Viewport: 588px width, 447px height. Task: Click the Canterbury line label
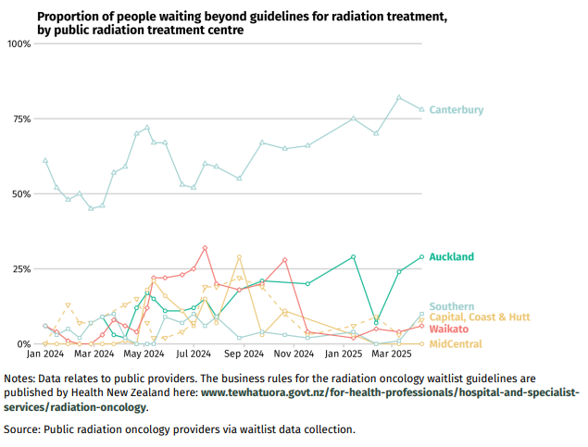click(x=457, y=110)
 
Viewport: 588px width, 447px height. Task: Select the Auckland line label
click(x=452, y=256)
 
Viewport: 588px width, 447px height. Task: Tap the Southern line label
click(x=452, y=306)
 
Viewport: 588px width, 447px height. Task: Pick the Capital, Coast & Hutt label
click(x=479, y=317)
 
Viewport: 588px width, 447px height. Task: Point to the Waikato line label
click(x=449, y=329)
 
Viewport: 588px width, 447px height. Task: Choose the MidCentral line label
click(x=456, y=344)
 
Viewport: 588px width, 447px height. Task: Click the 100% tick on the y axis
click(x=19, y=44)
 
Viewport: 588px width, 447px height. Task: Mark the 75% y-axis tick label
click(x=20, y=119)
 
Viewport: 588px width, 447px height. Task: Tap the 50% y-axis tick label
click(x=20, y=194)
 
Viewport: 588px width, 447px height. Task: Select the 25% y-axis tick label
click(x=20, y=269)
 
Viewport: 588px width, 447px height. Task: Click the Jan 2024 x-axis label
click(x=45, y=354)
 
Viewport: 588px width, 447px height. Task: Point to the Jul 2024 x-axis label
click(x=194, y=354)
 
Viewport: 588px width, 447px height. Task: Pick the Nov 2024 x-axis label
click(x=295, y=354)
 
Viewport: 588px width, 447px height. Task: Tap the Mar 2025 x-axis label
click(x=392, y=354)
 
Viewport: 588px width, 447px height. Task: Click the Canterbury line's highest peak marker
click(x=399, y=97)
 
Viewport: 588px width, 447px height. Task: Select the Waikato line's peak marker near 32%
click(x=205, y=248)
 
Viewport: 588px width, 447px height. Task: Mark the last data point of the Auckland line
click(x=421, y=256)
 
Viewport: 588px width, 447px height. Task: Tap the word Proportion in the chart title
click(x=68, y=16)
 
